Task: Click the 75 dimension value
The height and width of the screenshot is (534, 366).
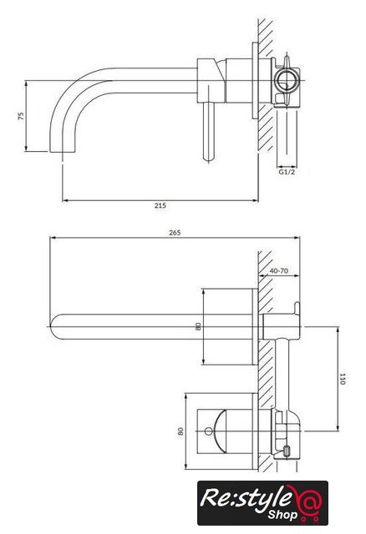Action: [21, 116]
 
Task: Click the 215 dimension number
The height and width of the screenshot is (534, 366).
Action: [160, 205]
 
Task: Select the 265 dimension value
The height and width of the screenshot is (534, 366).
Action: [175, 233]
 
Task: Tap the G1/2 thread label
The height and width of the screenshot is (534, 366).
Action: [287, 172]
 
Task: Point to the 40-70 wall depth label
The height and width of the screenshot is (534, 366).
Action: [279, 270]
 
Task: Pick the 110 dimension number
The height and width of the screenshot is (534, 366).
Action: [342, 379]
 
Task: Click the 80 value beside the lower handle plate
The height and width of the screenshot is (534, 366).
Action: [180, 431]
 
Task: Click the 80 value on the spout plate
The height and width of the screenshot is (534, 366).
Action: [198, 326]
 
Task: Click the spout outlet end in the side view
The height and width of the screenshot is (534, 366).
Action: [62, 151]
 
